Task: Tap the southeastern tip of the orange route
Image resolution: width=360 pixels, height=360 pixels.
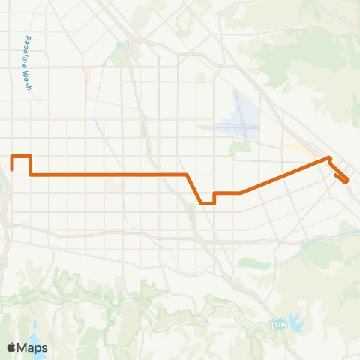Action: pos(347,182)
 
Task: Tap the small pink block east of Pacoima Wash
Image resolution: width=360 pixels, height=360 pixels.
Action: pos(88,75)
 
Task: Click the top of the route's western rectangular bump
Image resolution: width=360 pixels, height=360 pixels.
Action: pos(21,156)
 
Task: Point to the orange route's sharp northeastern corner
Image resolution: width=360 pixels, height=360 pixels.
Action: pos(328,158)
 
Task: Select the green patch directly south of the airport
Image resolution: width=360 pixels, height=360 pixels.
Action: pos(241,148)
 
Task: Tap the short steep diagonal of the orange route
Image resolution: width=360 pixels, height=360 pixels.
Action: pos(194,188)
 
